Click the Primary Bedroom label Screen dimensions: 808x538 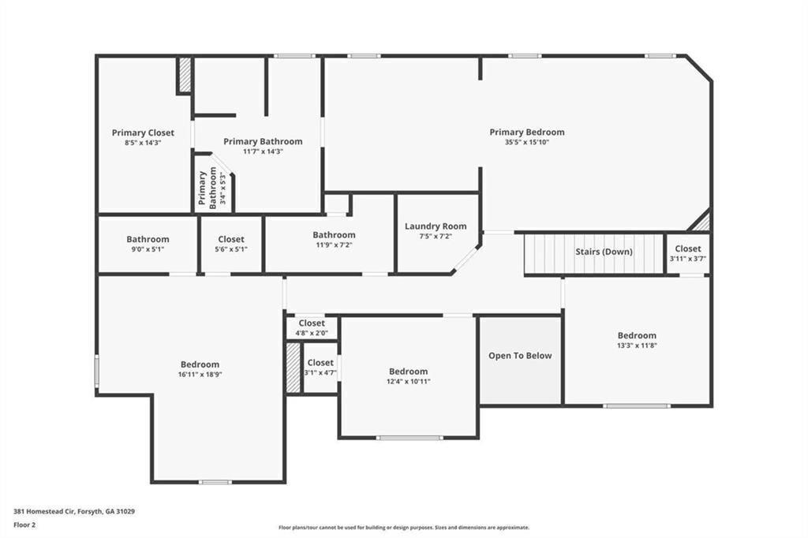coord(526,132)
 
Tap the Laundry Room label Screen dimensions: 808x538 coord(436,226)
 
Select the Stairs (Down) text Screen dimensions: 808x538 coord(604,252)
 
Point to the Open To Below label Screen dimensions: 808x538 coord(520,356)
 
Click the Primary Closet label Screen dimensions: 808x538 coord(143,133)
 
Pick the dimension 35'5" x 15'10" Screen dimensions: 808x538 coord(526,142)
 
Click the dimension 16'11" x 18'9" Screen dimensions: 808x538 coord(200,375)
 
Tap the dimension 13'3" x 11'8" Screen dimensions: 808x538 coord(637,346)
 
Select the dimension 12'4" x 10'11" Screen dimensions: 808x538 coord(409,382)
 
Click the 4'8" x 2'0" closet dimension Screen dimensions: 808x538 coord(311,334)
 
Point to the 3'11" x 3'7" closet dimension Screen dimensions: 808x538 coord(688,259)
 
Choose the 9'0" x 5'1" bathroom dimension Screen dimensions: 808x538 coord(148,249)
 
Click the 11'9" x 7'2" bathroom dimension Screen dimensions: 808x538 coord(334,245)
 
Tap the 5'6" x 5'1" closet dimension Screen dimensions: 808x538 coord(231,249)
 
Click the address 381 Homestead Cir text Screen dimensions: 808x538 coord(45,512)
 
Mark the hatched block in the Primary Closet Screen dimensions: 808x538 coord(184,75)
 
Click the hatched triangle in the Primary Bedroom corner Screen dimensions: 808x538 coord(701,222)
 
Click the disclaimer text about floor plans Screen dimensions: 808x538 coord(404,528)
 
